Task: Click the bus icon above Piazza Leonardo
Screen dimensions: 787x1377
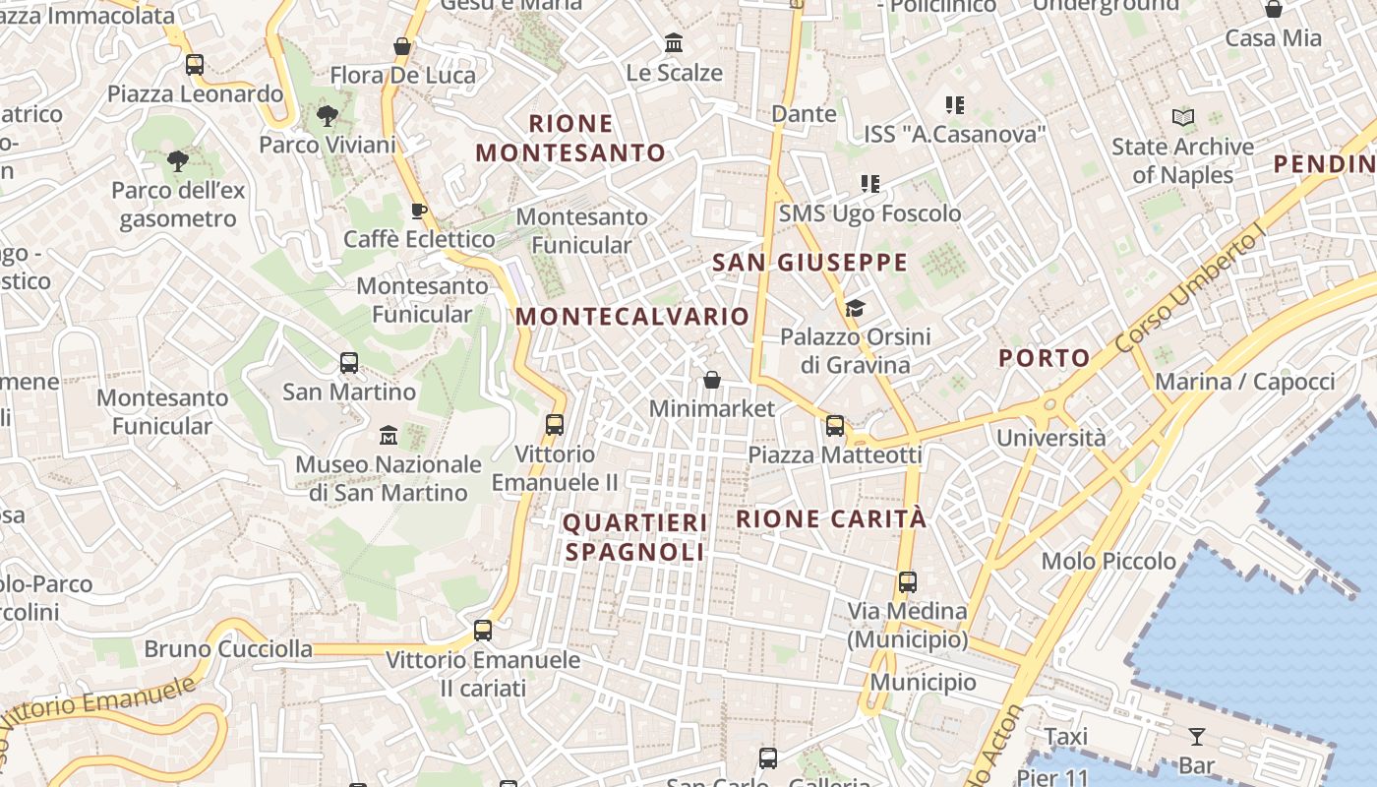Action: click(x=195, y=65)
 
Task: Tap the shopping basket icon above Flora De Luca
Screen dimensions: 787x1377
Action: click(x=401, y=46)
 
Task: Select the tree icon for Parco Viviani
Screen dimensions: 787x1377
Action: click(x=327, y=117)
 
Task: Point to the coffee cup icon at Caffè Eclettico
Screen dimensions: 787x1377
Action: click(x=418, y=211)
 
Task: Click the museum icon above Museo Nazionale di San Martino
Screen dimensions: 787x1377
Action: click(x=389, y=435)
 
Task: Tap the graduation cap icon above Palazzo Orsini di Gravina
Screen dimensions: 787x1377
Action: click(x=855, y=309)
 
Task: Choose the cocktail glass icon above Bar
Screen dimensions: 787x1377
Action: click(x=1196, y=737)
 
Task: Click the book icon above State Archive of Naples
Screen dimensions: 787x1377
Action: click(x=1183, y=118)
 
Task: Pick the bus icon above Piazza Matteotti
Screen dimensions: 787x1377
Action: click(x=835, y=426)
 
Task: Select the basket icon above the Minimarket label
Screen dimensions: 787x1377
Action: click(x=712, y=380)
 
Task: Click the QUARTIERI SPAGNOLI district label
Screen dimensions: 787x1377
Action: click(x=635, y=537)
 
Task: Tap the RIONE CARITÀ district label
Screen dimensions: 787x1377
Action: click(x=831, y=518)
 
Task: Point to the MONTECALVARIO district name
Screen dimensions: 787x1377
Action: click(x=632, y=317)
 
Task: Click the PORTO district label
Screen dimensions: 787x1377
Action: click(x=1045, y=358)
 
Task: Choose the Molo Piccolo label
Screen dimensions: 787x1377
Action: click(x=1108, y=561)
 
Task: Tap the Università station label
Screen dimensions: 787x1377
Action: click(x=1051, y=438)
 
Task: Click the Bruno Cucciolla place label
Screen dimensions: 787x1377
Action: click(x=228, y=649)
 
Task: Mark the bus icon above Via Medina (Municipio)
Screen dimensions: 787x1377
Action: click(x=908, y=582)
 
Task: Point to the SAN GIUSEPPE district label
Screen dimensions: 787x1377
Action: click(x=809, y=263)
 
